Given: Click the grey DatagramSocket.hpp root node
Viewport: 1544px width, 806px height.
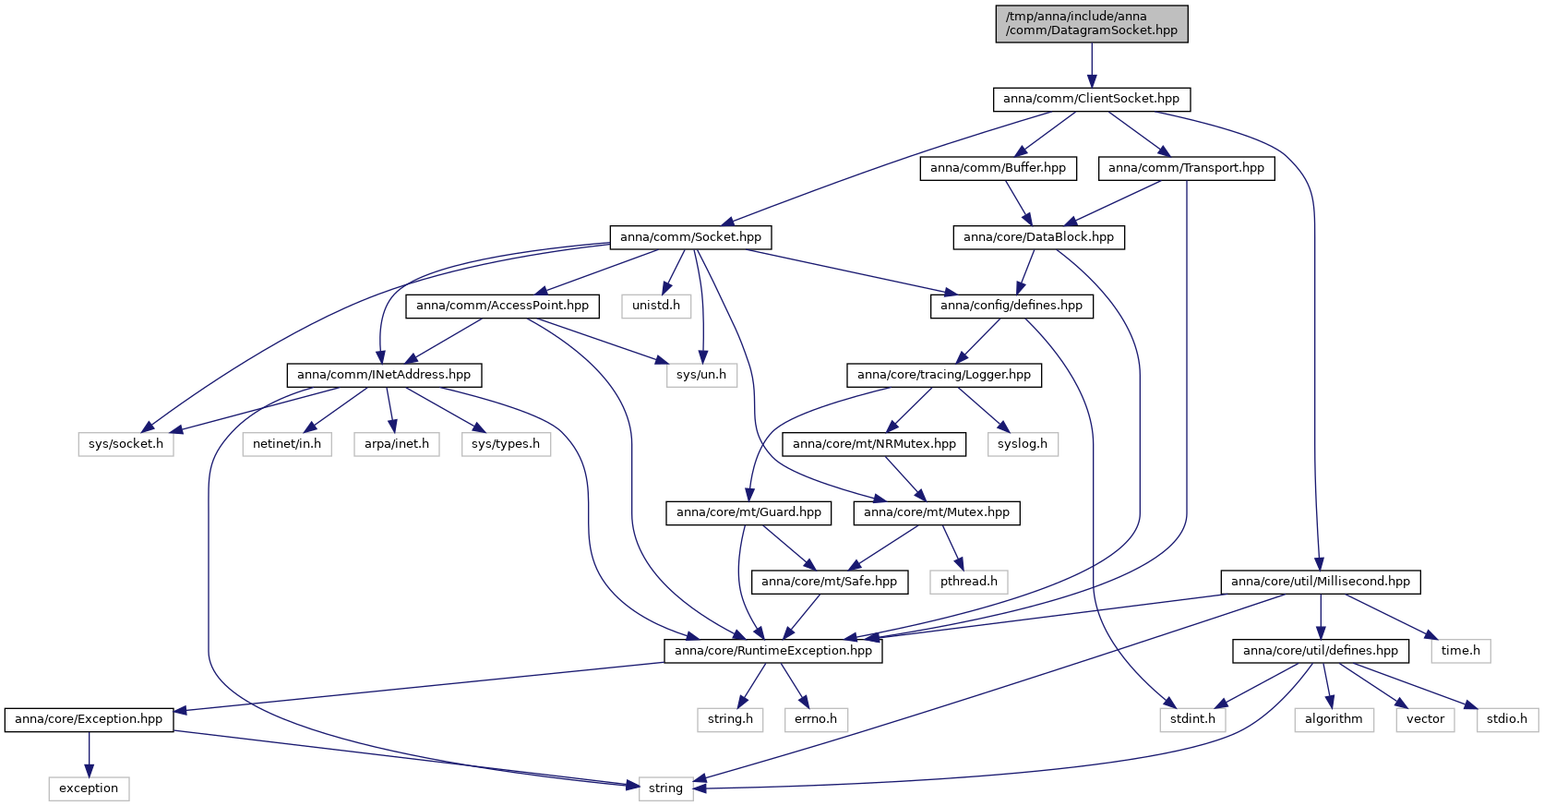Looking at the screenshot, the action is click(x=1091, y=24).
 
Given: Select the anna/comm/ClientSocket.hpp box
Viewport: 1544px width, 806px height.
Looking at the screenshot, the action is click(x=1091, y=100).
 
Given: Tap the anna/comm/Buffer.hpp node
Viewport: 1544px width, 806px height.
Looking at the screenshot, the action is click(x=998, y=168).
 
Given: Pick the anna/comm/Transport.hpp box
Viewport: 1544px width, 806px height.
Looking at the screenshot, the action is click(x=1186, y=168).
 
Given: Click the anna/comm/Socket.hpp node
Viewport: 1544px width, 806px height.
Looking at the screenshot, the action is click(x=690, y=237).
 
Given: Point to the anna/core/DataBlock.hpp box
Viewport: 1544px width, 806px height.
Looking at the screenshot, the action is click(x=1039, y=237).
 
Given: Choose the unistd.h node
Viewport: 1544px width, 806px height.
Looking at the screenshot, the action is click(x=656, y=307).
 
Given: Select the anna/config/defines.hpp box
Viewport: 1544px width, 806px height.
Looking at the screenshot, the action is click(x=1011, y=307).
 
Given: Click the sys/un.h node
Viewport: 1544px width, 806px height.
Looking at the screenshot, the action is click(x=701, y=375).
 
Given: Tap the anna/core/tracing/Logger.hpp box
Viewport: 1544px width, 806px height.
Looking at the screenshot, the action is click(x=943, y=375).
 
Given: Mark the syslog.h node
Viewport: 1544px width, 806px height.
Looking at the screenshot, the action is click(x=1023, y=444).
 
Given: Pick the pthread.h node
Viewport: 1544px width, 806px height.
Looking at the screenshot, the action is click(x=968, y=582).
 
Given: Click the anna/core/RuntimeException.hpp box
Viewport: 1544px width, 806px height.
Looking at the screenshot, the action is click(x=772, y=651).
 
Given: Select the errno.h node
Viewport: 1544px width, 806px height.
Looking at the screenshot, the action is click(x=816, y=720).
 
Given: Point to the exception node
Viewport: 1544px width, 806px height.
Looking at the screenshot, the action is click(x=89, y=788).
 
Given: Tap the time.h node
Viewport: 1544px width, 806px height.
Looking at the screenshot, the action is click(x=1461, y=651).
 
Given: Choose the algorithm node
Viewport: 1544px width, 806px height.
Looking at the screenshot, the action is click(x=1334, y=720).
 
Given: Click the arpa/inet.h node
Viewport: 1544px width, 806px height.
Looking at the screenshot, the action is click(x=397, y=444).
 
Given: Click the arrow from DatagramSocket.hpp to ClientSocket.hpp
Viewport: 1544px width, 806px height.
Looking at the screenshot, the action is click(x=1091, y=65).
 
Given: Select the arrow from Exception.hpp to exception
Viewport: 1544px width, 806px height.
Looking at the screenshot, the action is click(x=89, y=754).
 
